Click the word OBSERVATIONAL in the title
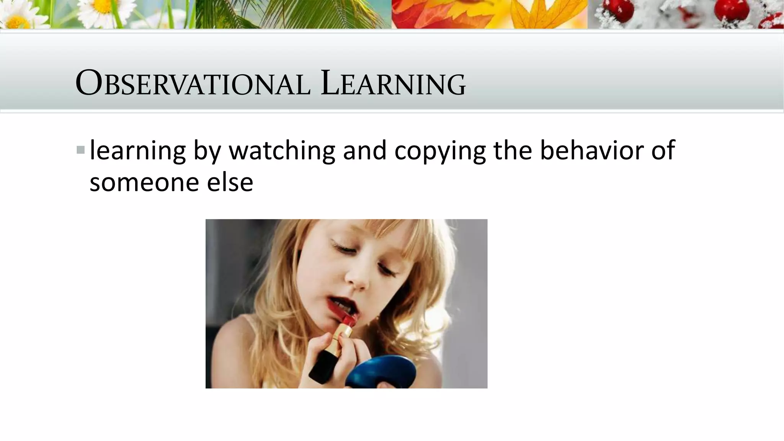coord(193,83)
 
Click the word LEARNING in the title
coord(394,83)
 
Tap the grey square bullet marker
coord(80,150)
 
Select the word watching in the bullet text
coord(282,150)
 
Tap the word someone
coord(144,182)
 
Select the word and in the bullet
coord(364,150)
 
